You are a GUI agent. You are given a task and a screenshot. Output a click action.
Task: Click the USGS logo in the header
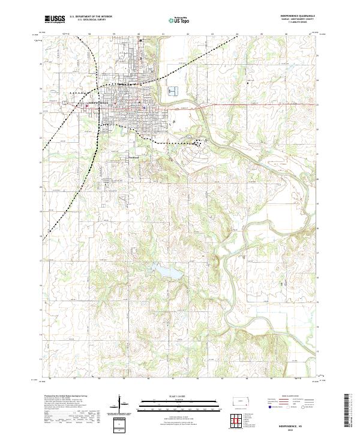click(x=55, y=19)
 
